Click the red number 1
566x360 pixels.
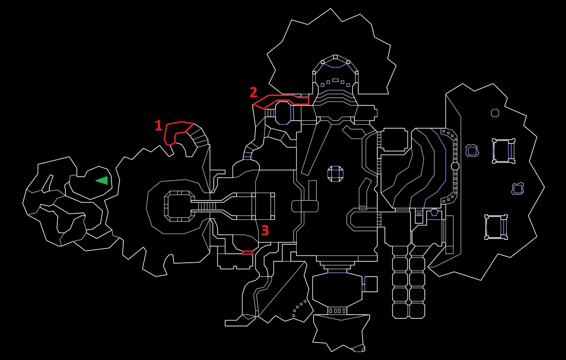pos(159,126)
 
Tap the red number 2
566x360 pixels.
pos(254,92)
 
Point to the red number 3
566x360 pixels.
pos(265,230)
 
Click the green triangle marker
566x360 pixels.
pos(102,181)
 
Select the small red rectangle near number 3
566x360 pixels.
pos(247,252)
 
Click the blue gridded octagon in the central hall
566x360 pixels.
pos(335,173)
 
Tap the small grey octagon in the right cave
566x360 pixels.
pos(495,113)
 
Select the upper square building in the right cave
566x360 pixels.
pos(504,151)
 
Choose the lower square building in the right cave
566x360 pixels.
pos(496,227)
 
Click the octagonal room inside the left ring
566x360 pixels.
pos(179,206)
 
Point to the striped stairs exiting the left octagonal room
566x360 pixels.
pos(207,206)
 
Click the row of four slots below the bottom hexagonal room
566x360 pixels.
pos(337,311)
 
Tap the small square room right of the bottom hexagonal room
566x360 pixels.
pos(371,284)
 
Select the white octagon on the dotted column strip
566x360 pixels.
pos(455,166)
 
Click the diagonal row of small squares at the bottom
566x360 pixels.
pos(299,308)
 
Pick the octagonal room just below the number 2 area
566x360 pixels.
pos(283,113)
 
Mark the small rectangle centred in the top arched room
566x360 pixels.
pos(335,80)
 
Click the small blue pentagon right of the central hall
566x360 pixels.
pos(434,213)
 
